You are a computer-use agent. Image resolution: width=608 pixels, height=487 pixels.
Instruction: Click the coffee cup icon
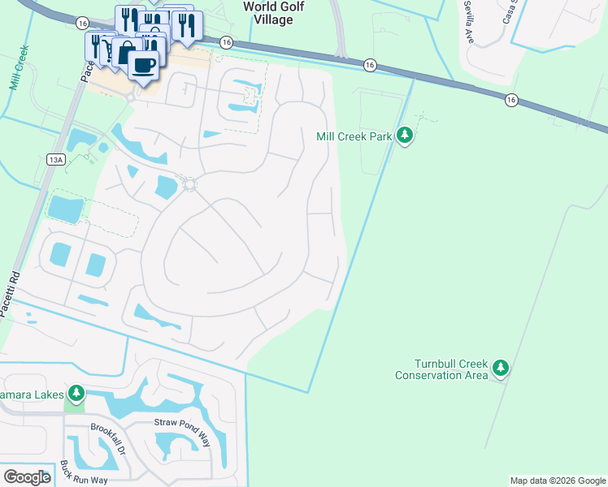click(x=144, y=65)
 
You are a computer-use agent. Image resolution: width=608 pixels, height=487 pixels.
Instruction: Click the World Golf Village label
click(x=267, y=13)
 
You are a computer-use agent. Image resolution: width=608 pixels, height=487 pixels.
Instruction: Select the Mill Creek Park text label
click(x=354, y=136)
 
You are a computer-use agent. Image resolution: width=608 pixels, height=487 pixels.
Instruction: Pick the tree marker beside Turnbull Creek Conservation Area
click(x=501, y=368)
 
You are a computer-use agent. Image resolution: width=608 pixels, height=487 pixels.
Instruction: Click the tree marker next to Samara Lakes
click(x=76, y=394)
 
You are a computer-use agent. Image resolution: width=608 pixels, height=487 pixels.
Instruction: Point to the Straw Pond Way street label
click(x=182, y=422)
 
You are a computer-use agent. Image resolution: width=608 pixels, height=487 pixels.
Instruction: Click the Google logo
click(x=27, y=477)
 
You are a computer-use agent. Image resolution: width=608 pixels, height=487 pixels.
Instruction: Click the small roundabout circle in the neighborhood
click(x=190, y=185)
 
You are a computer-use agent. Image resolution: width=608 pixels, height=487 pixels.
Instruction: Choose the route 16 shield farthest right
click(x=510, y=99)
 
